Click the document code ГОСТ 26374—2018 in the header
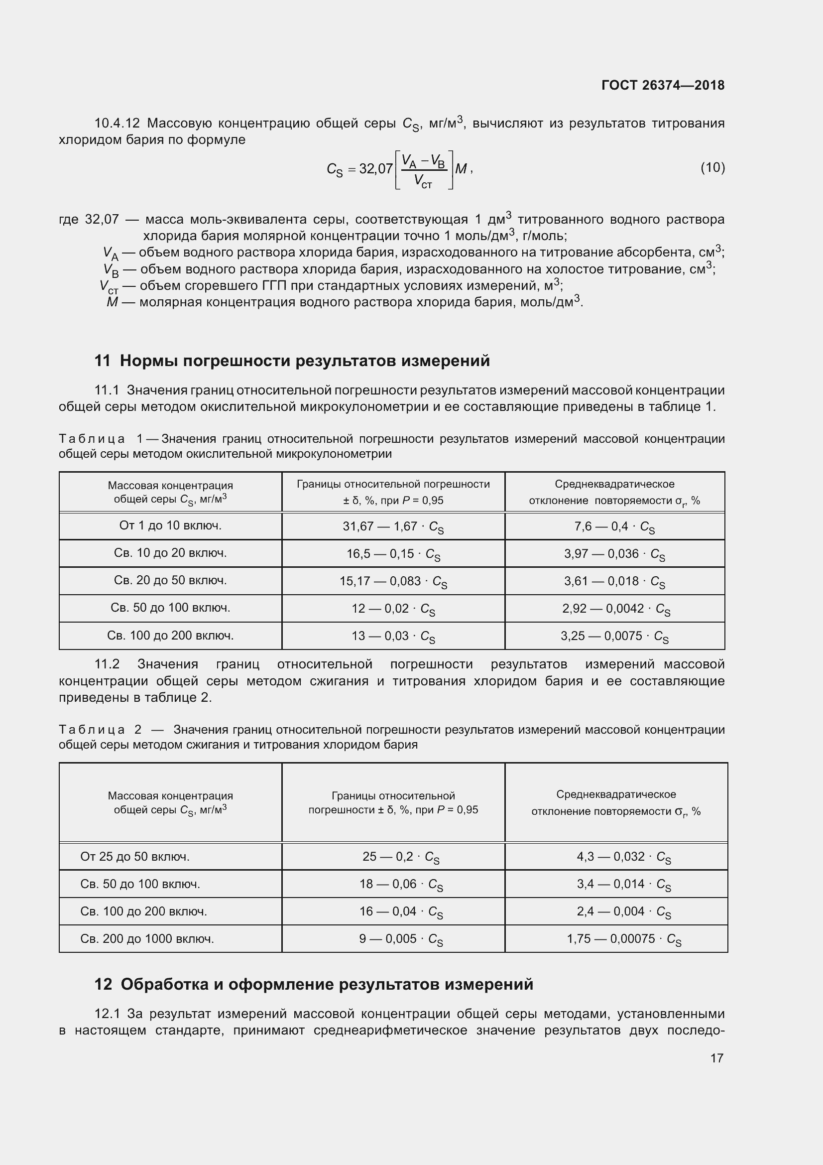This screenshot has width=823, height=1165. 663,85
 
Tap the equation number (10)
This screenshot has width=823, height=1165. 712,167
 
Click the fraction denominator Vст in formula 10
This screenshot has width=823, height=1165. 423,181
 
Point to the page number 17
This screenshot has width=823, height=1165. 716,1058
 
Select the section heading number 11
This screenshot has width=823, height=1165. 102,361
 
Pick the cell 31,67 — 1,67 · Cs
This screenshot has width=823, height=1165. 393,526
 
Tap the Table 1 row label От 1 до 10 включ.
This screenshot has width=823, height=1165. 170,525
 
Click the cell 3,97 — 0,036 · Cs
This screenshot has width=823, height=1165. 614,554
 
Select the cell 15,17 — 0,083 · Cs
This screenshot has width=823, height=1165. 393,581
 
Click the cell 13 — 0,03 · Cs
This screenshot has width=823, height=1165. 393,636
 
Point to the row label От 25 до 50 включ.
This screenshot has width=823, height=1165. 135,857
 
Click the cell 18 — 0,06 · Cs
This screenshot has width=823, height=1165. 401,884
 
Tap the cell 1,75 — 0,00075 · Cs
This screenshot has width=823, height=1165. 624,939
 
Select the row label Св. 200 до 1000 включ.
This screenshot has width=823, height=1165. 147,939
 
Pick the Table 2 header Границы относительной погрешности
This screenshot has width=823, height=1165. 393,802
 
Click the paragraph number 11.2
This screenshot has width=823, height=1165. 107,664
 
